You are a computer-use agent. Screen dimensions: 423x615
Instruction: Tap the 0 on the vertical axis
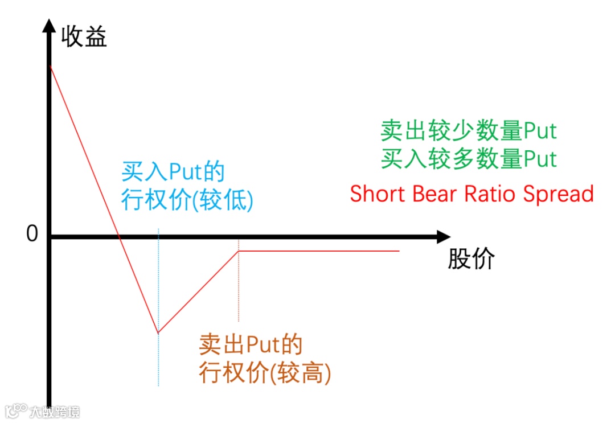tap(32, 233)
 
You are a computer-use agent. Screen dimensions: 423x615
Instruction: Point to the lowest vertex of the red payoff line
tap(158, 332)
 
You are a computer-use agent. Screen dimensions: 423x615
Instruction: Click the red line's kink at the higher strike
tap(239, 251)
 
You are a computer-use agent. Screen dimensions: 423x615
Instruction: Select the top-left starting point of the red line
tap(51, 67)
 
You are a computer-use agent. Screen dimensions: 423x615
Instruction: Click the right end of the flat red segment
tap(399, 251)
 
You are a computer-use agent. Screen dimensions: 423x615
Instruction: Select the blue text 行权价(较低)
tap(187, 200)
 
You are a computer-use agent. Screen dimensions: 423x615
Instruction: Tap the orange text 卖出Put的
tap(250, 345)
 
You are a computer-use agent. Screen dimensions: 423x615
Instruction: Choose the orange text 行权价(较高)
tap(265, 373)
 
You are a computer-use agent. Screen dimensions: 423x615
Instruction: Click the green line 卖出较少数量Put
tap(469, 131)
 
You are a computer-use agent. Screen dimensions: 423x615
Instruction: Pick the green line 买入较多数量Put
tap(469, 159)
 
